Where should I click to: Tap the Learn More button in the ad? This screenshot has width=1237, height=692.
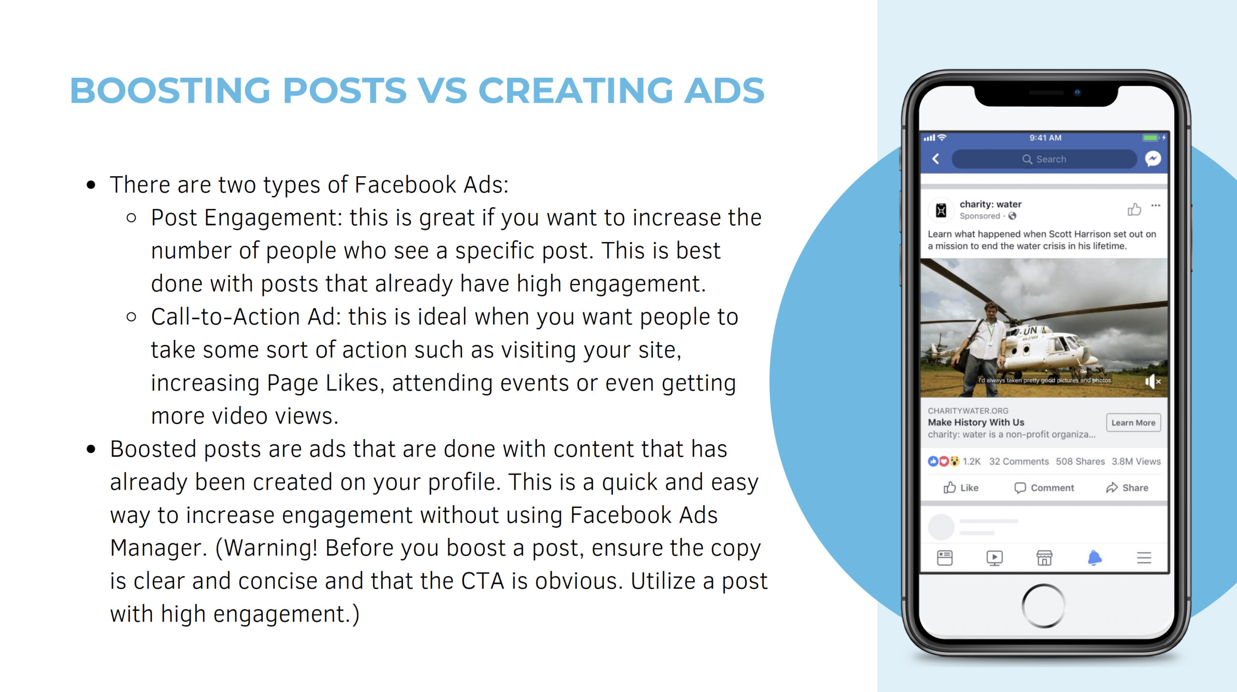(1133, 423)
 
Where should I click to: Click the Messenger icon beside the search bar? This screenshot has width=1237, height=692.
(1153, 159)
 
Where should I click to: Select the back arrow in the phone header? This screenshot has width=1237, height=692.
(936, 159)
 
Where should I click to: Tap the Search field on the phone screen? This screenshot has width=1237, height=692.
(1044, 159)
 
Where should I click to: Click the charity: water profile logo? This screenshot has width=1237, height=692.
(941, 210)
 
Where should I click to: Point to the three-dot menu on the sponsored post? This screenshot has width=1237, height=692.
(1155, 206)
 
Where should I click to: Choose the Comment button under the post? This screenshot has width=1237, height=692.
(1044, 488)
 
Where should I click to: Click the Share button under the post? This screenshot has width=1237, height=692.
(1127, 488)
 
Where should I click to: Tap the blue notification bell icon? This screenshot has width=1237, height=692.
(1094, 558)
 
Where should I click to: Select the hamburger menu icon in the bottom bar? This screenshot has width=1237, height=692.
(1144, 558)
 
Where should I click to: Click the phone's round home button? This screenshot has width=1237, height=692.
(1043, 606)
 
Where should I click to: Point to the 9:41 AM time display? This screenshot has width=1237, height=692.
(1045, 138)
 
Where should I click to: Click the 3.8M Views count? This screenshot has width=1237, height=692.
(1136, 461)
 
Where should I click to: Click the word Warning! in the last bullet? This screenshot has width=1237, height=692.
(271, 548)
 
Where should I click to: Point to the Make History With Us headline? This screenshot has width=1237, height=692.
(976, 422)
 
